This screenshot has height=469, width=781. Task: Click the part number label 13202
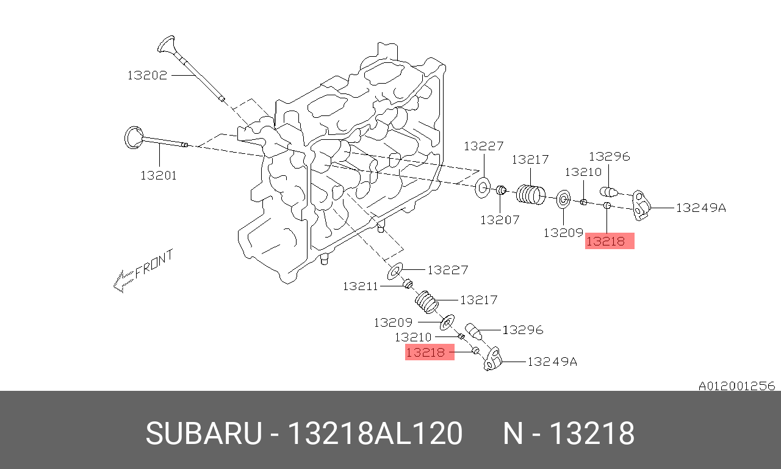pyautogui.click(x=147, y=75)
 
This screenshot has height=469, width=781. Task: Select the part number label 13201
pyautogui.click(x=158, y=175)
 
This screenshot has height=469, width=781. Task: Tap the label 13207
pyautogui.click(x=500, y=219)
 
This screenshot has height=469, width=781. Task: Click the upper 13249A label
pyautogui.click(x=700, y=208)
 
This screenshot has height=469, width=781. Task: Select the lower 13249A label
pyautogui.click(x=552, y=362)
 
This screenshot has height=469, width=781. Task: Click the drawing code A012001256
pyautogui.click(x=736, y=386)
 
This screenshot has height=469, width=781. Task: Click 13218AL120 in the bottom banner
pyautogui.click(x=375, y=434)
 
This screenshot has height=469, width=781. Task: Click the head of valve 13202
pyautogui.click(x=166, y=44)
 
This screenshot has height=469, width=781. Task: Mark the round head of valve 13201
pyautogui.click(x=132, y=137)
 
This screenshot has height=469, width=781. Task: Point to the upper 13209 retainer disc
pyautogui.click(x=564, y=199)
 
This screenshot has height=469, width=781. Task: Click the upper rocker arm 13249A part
pyautogui.click(x=641, y=205)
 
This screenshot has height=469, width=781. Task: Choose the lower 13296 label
pyautogui.click(x=522, y=330)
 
